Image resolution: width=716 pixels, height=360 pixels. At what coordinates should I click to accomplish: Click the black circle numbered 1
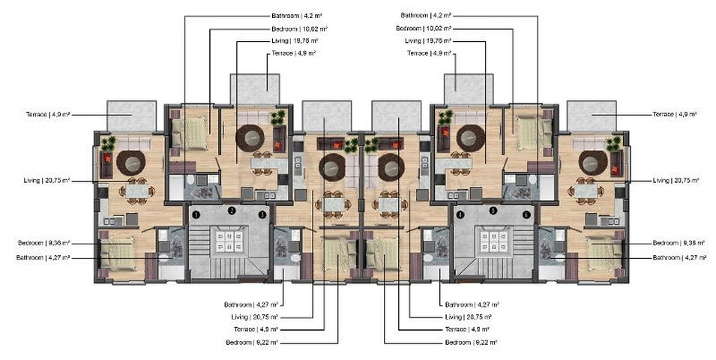(x=196, y=214)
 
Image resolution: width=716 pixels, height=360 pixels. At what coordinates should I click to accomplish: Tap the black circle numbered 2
(x=232, y=211)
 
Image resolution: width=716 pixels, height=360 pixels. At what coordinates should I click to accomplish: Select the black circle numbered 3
(x=262, y=214)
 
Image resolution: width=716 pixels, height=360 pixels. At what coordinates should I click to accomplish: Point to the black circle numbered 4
(x=460, y=214)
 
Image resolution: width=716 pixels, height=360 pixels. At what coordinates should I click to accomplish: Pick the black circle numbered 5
(x=493, y=211)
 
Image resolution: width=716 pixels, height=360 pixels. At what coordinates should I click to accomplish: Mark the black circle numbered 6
(x=527, y=214)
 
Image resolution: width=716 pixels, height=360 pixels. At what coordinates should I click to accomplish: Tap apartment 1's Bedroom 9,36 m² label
(x=43, y=243)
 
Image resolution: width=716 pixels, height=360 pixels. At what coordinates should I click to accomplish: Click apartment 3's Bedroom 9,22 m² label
(x=251, y=342)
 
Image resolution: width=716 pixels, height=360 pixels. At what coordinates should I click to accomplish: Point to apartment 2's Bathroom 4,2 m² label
(x=296, y=15)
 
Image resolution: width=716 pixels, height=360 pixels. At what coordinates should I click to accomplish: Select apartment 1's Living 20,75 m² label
(x=46, y=180)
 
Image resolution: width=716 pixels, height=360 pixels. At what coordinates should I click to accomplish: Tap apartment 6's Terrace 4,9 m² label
(x=674, y=114)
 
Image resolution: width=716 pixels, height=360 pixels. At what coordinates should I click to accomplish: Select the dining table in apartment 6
(x=586, y=191)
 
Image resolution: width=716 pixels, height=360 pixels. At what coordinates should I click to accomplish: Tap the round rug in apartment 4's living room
(x=390, y=166)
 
